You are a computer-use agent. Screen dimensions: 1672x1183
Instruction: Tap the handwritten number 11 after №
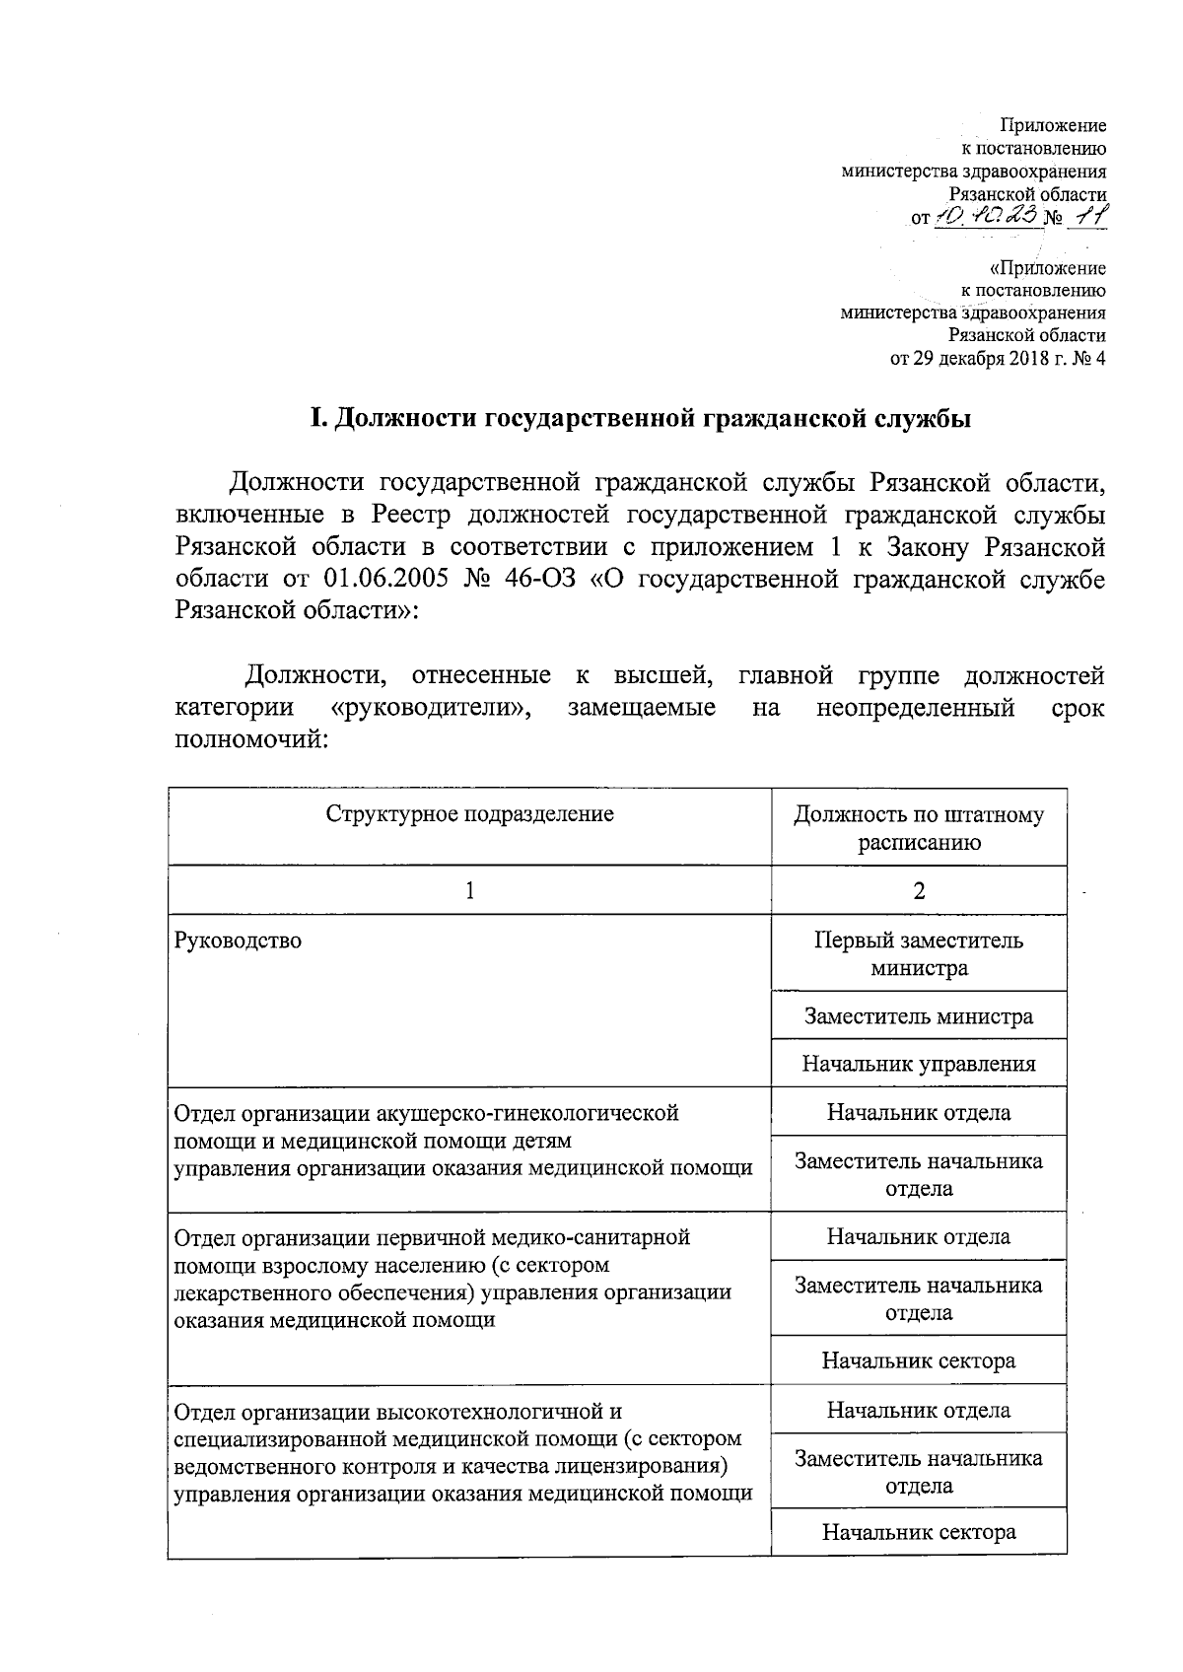pyautogui.click(x=1089, y=217)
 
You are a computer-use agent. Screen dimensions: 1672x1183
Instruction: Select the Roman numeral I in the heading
pyautogui.click(x=317, y=419)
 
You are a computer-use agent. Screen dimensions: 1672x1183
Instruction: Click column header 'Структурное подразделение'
pyautogui.click(x=469, y=814)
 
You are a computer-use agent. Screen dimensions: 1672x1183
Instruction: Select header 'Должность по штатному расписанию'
pyautogui.click(x=919, y=828)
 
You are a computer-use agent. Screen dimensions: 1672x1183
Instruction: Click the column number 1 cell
pyautogui.click(x=469, y=890)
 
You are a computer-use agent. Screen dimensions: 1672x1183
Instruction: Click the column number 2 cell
pyautogui.click(x=919, y=890)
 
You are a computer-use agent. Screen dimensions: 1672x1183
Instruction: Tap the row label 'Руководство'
pyautogui.click(x=238, y=940)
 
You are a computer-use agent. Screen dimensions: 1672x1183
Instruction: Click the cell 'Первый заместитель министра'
pyautogui.click(x=919, y=953)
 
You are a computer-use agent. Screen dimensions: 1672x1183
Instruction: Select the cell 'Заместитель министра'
pyautogui.click(x=919, y=1015)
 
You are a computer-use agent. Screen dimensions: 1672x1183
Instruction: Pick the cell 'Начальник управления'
pyautogui.click(x=919, y=1064)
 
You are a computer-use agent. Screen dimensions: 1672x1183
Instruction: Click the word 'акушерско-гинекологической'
pyautogui.click(x=528, y=1113)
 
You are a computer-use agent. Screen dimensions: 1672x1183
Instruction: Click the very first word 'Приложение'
pyautogui.click(x=1053, y=126)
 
